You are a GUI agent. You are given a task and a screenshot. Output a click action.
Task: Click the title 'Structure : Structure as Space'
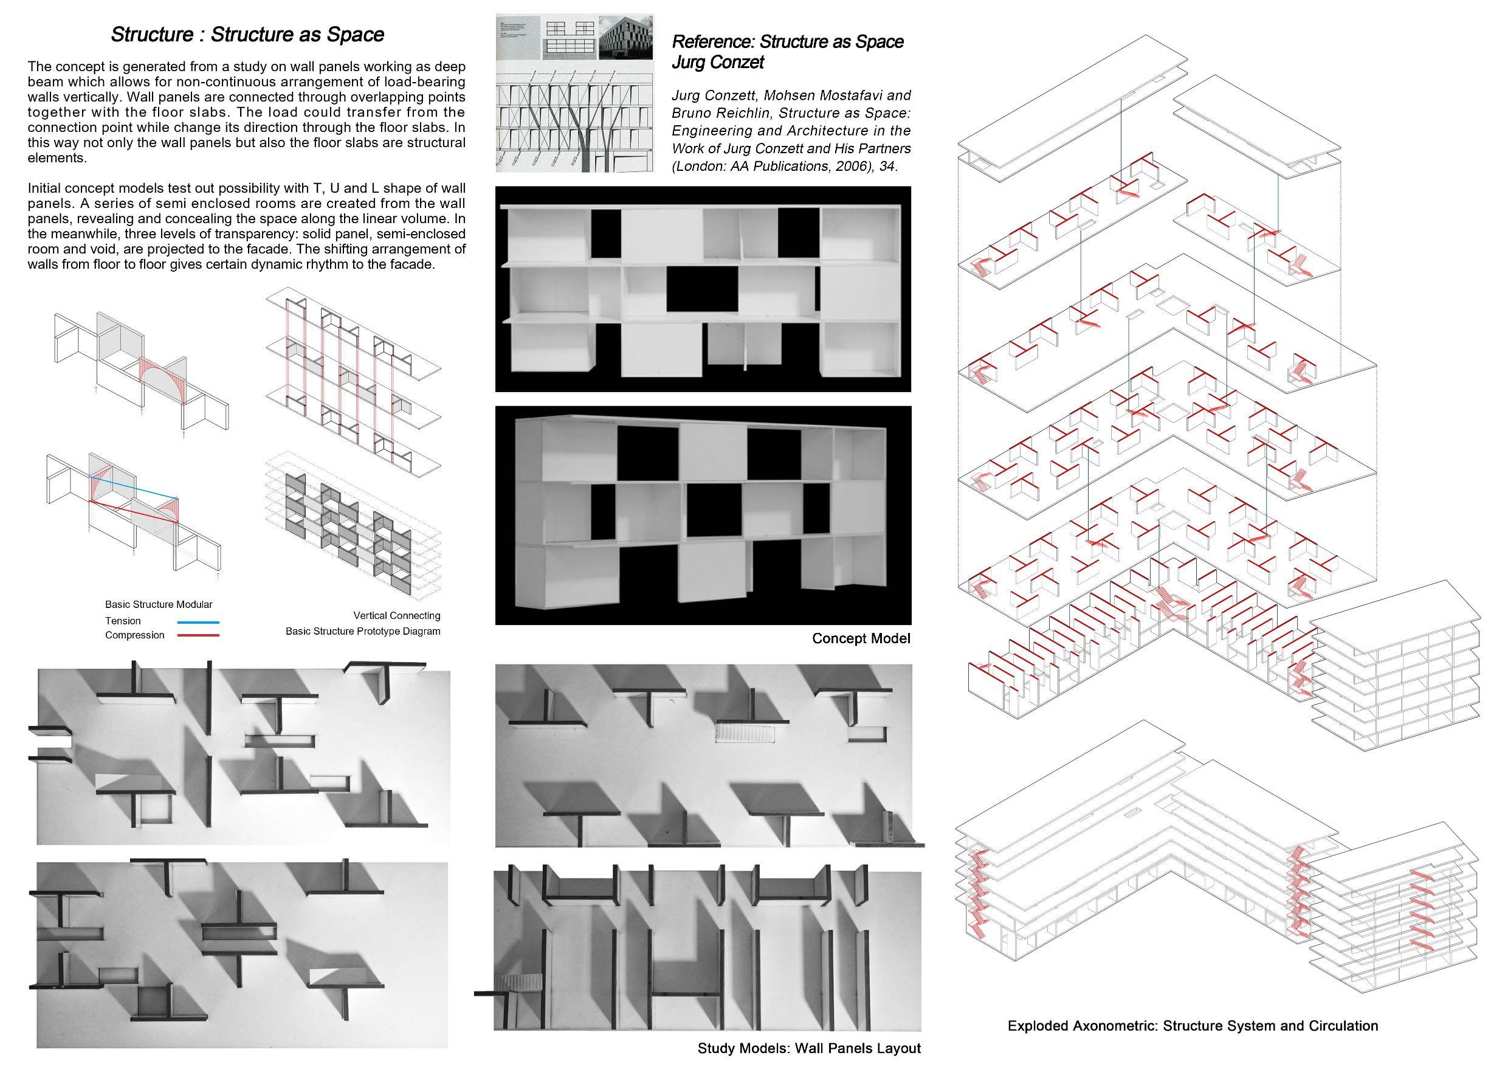tap(247, 34)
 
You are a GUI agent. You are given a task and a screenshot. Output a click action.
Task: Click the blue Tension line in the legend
tap(198, 621)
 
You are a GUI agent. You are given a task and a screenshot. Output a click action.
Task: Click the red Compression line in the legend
tap(198, 635)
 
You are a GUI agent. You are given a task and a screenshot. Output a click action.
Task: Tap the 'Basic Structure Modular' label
tap(158, 604)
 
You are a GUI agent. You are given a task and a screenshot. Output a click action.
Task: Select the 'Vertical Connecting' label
tap(396, 616)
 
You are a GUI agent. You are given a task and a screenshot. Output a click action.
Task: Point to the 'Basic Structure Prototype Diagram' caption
tap(362, 632)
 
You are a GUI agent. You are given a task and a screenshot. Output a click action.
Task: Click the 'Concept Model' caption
tap(861, 638)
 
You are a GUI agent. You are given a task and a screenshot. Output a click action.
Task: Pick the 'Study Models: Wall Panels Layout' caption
tap(808, 1048)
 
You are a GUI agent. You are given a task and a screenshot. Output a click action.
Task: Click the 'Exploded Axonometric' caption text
tap(1192, 1026)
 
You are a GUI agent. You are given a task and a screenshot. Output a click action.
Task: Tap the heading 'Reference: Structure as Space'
tap(787, 42)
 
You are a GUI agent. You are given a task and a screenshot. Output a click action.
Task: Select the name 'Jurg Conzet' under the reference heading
tap(717, 63)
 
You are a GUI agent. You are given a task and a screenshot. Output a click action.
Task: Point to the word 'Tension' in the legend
tap(123, 621)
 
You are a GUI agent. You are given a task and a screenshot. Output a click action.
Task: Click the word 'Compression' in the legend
tap(135, 635)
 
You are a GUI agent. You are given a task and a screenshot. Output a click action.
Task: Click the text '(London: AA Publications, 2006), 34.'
tap(784, 166)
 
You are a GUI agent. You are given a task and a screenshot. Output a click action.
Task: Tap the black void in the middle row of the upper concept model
tap(702, 288)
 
